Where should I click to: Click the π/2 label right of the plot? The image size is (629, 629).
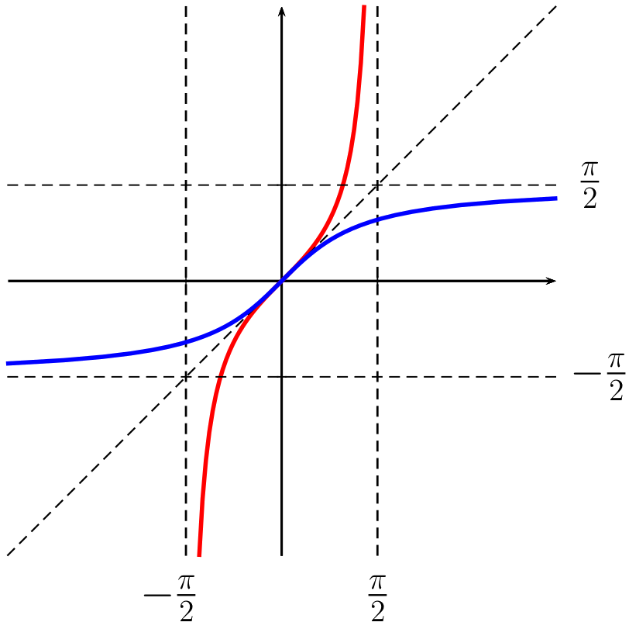pos(590,185)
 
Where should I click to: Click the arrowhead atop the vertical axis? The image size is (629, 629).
pos(281,9)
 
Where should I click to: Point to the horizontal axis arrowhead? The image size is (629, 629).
pos(552,280)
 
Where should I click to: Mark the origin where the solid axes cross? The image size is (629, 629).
pos(281,280)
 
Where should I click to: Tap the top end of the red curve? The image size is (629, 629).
pos(363,6)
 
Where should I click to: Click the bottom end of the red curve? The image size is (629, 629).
pos(199,555)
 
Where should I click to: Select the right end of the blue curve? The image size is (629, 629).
pos(556,199)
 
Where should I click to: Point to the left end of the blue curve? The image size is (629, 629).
pos(7,363)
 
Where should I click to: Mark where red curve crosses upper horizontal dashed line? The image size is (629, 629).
pos(342,185)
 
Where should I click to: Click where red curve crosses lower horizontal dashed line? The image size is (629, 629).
pos(221,376)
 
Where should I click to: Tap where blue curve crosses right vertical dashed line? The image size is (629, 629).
pos(377,219)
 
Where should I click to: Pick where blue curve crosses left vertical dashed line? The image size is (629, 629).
pos(186,342)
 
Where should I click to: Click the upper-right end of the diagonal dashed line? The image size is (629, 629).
pos(556,6)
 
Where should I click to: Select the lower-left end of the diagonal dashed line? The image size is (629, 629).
pos(7,555)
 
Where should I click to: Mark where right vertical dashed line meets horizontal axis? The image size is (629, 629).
pos(377,280)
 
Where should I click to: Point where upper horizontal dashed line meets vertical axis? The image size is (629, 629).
pos(281,185)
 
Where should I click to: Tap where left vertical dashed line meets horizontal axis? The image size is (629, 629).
pos(186,280)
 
